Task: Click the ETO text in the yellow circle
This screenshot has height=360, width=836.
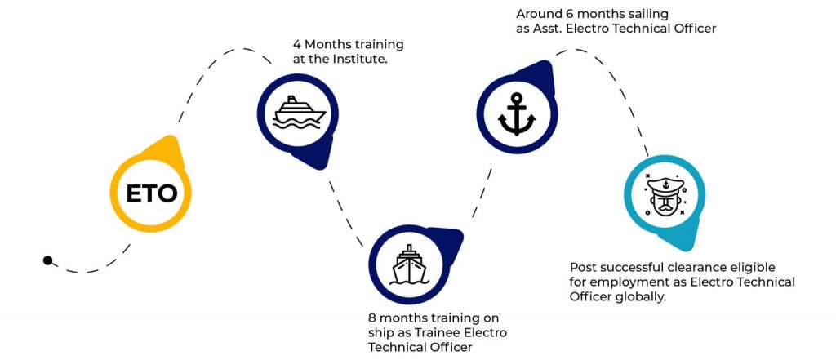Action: [x=151, y=193]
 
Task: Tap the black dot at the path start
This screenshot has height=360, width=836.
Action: [x=48, y=261]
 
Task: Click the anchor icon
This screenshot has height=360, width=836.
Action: [x=516, y=115]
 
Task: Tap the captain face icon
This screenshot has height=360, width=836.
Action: [x=665, y=196]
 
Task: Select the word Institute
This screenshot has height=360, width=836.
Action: [x=356, y=60]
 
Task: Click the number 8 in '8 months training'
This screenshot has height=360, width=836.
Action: [x=372, y=318]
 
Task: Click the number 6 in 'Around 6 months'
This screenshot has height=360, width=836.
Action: [x=569, y=15]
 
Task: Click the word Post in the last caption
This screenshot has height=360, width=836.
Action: [x=583, y=267]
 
